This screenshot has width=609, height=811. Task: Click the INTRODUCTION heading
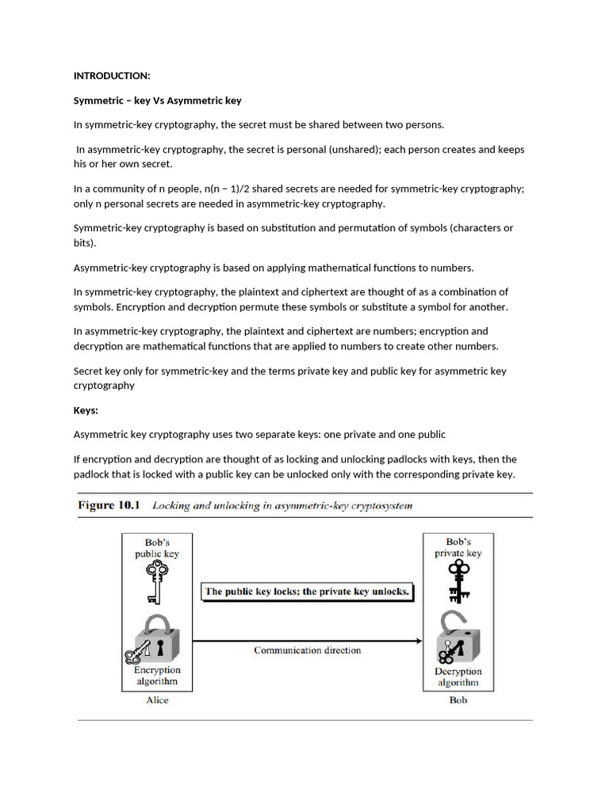111,76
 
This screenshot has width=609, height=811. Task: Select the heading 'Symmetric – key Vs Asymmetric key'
157,101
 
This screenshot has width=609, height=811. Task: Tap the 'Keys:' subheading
86,410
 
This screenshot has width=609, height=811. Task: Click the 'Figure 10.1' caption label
108,505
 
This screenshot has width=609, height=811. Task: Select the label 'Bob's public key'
156,548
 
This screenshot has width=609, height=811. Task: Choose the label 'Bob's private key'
458,548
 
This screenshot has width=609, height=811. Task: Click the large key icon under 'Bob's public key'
157,583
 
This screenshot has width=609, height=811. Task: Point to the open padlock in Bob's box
458,639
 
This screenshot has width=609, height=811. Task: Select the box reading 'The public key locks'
307,592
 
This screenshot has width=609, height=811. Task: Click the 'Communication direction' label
307,650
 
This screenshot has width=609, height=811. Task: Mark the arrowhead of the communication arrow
418,640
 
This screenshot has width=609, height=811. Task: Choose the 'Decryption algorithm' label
458,677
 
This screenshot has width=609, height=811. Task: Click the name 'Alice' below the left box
157,700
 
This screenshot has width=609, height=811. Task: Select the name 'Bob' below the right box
458,700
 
